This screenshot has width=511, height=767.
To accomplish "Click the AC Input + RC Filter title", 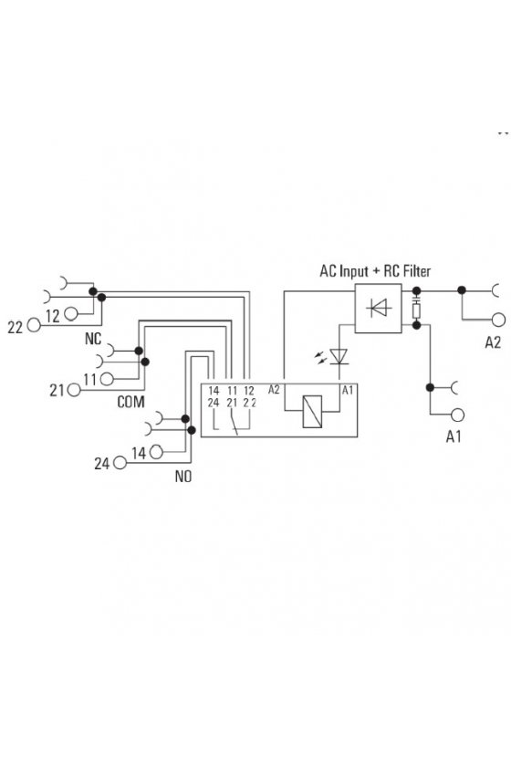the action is pyautogui.click(x=375, y=270).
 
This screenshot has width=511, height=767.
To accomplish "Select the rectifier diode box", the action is pyautogui.click(x=378, y=309).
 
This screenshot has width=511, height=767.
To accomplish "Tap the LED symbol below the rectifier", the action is pyautogui.click(x=339, y=356).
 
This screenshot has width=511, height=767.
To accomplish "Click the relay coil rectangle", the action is pyautogui.click(x=312, y=412).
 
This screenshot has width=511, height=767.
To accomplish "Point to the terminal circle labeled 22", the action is pyautogui.click(x=34, y=325).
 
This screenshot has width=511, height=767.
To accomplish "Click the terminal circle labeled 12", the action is pyautogui.click(x=71, y=313).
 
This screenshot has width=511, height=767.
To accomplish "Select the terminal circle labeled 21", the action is pyautogui.click(x=74, y=390).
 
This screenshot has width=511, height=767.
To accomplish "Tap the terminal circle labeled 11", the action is pyautogui.click(x=107, y=379).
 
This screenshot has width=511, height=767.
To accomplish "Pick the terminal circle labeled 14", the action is pyautogui.click(x=156, y=452).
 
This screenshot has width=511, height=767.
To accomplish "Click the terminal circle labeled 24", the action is pyautogui.click(x=120, y=463).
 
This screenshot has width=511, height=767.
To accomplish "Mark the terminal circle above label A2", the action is pyautogui.click(x=498, y=320).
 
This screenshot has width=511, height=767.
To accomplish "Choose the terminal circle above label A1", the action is pyautogui.click(x=457, y=415).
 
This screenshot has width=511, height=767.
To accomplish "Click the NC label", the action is pyautogui.click(x=93, y=339).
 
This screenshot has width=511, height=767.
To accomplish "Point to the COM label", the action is pyautogui.click(x=130, y=402).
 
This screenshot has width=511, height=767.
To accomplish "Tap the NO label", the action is pyautogui.click(x=183, y=477).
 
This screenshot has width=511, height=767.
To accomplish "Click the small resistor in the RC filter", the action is pyautogui.click(x=417, y=310).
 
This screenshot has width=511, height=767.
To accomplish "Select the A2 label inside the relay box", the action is pyautogui.click(x=274, y=390).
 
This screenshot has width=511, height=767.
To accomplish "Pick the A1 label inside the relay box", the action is pyautogui.click(x=347, y=390).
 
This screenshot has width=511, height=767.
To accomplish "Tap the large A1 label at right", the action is pyautogui.click(x=454, y=436).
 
